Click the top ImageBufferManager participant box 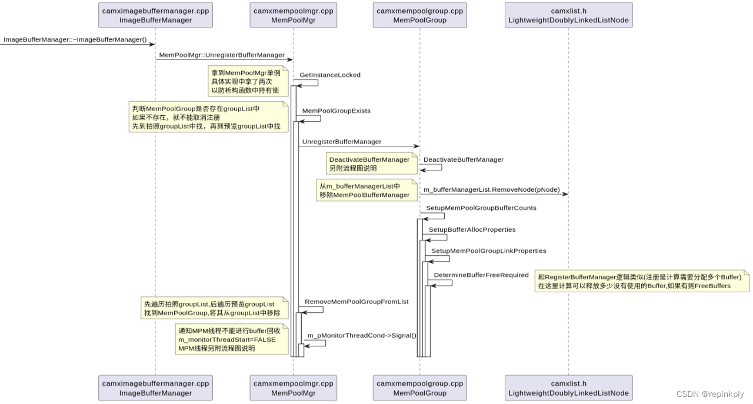pyautogui.click(x=155, y=15)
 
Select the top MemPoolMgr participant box pyautogui.click(x=293, y=15)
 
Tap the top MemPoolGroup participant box pyautogui.click(x=419, y=15)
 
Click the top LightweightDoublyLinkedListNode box pyautogui.click(x=568, y=15)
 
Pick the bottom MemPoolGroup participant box pyautogui.click(x=419, y=388)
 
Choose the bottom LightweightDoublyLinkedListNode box pyautogui.click(x=568, y=388)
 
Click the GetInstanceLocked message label pyautogui.click(x=329, y=75)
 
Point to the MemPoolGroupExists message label pyautogui.click(x=336, y=111)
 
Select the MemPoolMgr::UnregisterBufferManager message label pyautogui.click(x=222, y=55)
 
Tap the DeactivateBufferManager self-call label pyautogui.click(x=463, y=159)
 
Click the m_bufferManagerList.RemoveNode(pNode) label pyautogui.click(x=491, y=190)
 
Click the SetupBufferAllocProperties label pyautogui.click(x=472, y=229)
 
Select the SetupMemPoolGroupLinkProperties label pyautogui.click(x=480, y=251)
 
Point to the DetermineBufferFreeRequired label pyautogui.click(x=481, y=275)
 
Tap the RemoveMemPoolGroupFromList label pyautogui.click(x=356, y=302)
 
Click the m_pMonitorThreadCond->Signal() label pyautogui.click(x=361, y=335)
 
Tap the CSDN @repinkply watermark pyautogui.click(x=709, y=395)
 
